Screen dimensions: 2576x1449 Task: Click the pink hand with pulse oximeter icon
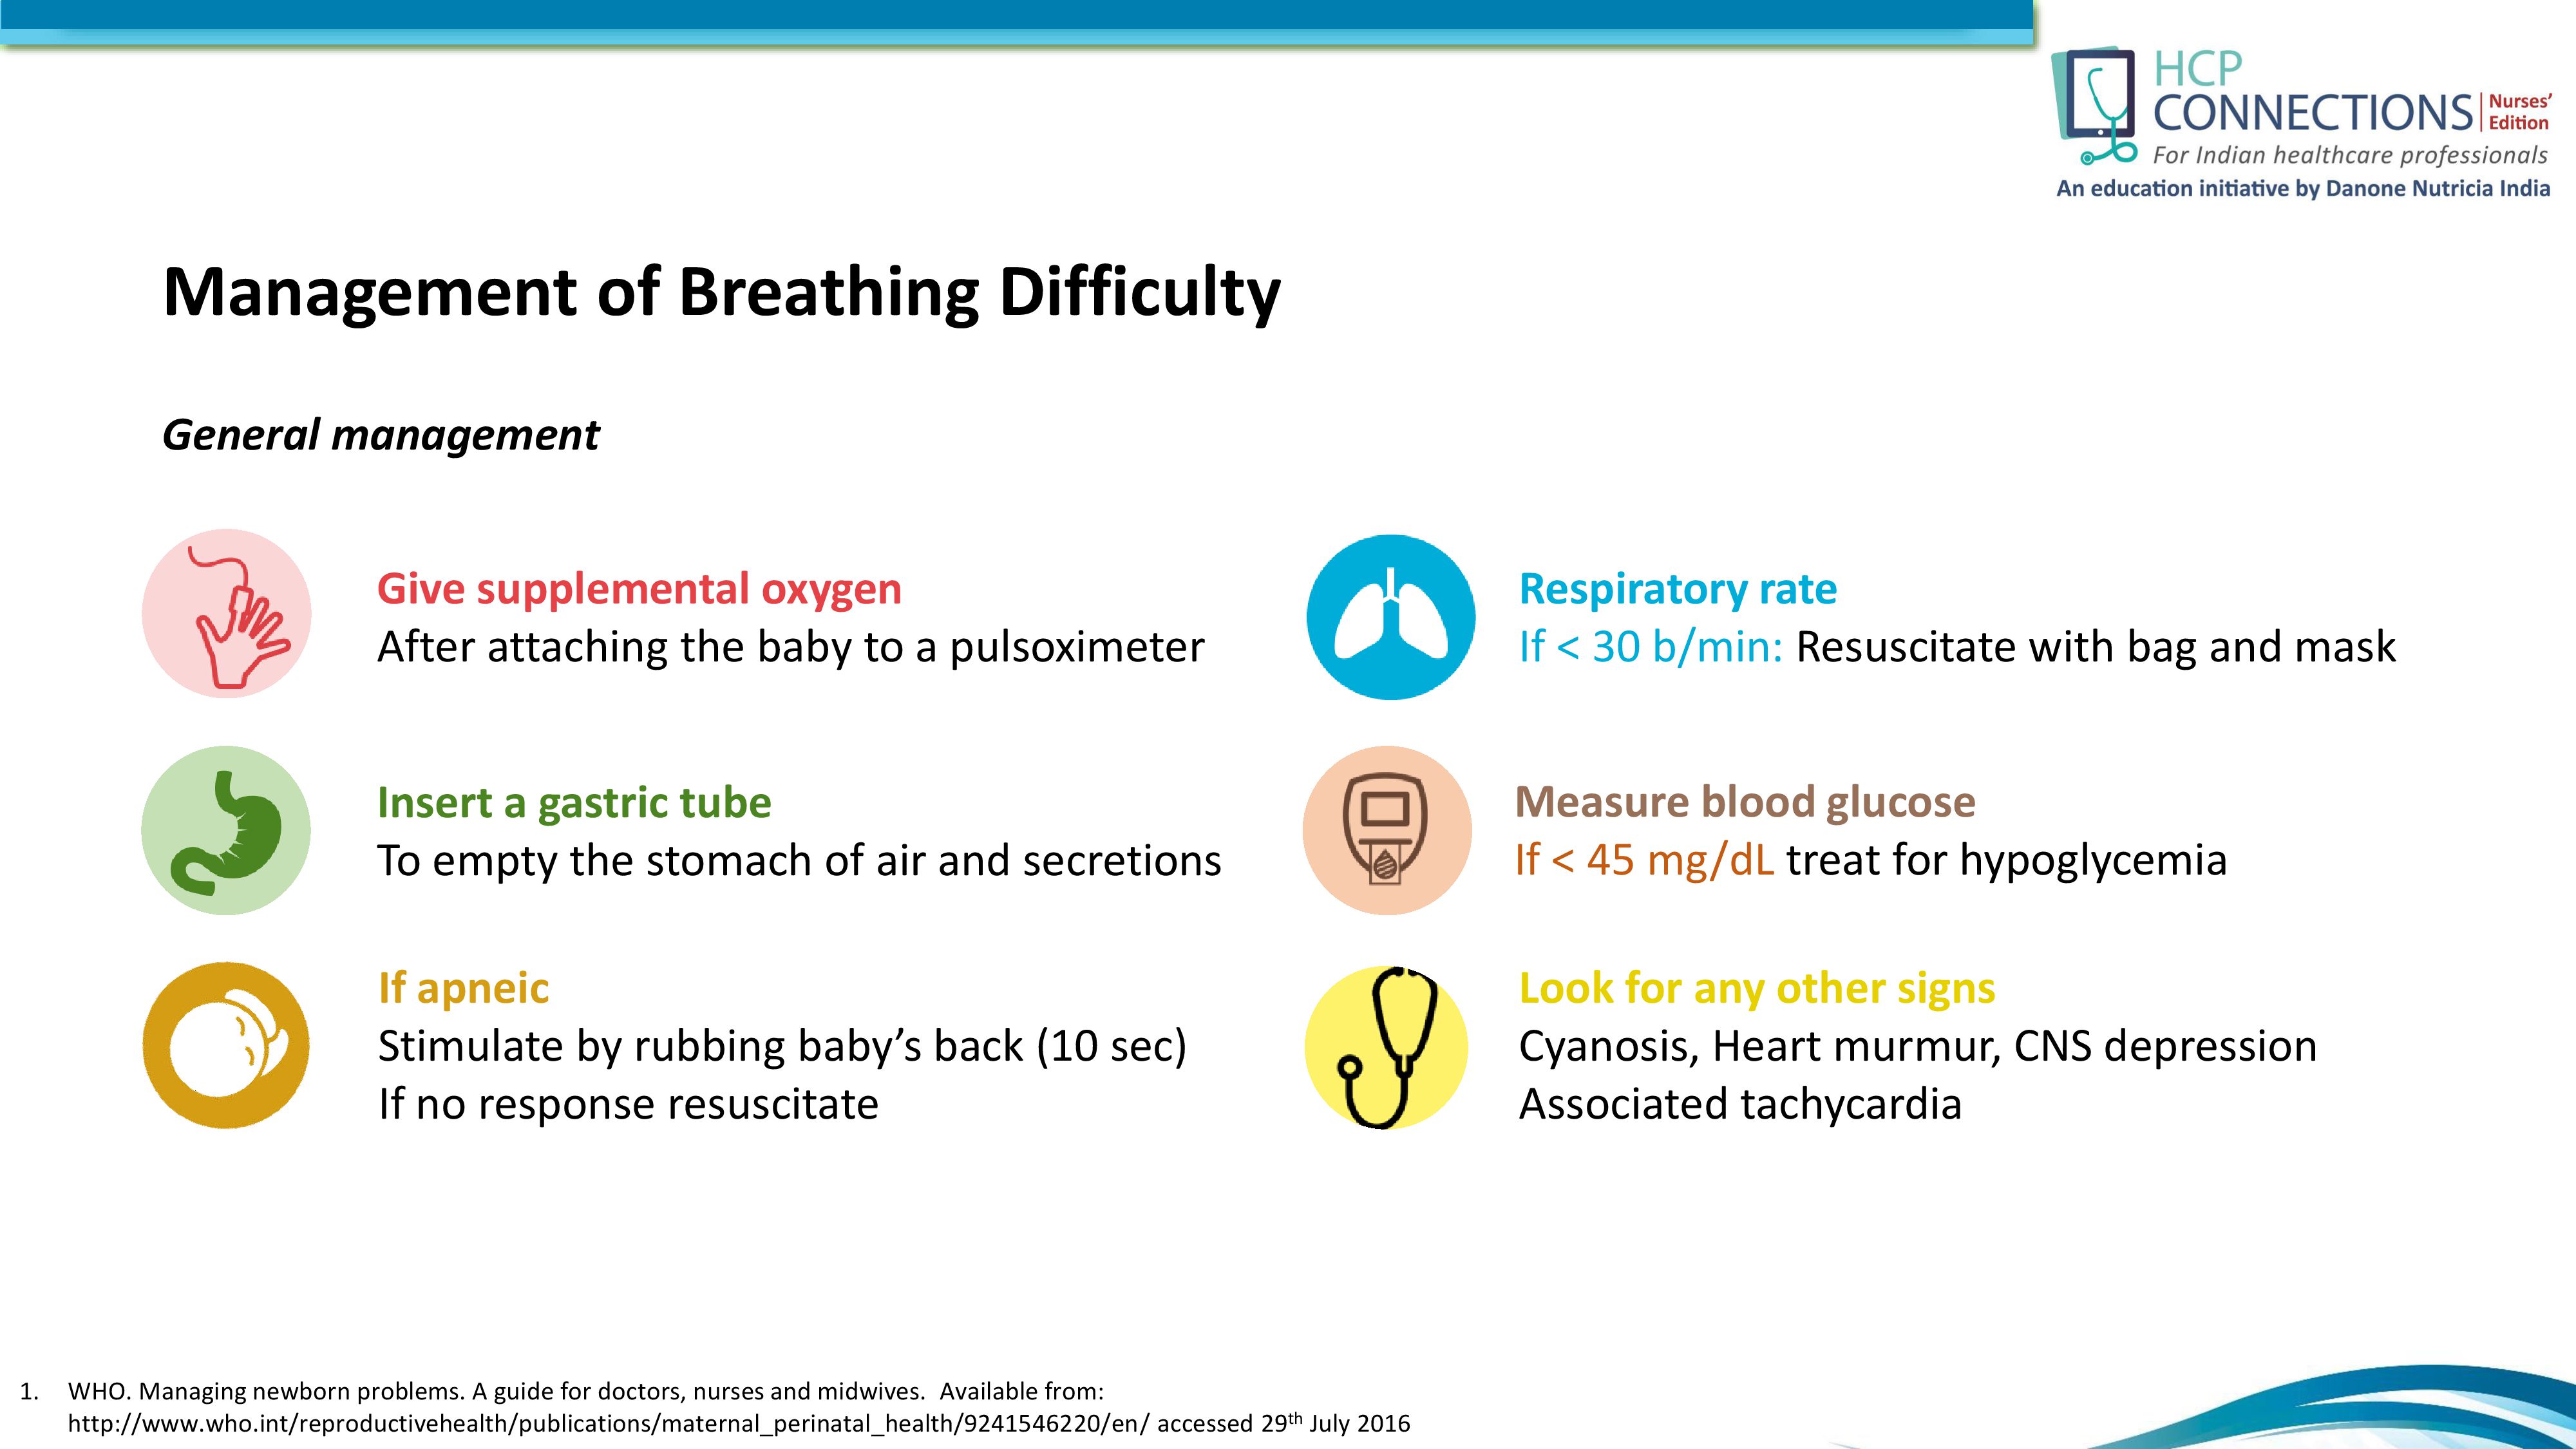pos(226,613)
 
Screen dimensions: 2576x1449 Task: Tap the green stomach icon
pos(226,830)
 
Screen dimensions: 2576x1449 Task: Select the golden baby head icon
pos(226,1046)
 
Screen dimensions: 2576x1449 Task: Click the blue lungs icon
pos(1390,617)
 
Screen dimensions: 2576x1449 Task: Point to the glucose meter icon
pos(1387,830)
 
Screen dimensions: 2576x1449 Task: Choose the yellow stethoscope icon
pos(1387,1047)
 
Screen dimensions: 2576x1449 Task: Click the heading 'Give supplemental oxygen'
pos(639,589)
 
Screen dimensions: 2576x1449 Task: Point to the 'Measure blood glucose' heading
pos(1745,802)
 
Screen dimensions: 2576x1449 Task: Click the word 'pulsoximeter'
pos(1077,648)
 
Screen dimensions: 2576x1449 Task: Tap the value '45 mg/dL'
pos(1680,860)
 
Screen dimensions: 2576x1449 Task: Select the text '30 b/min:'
pos(1688,647)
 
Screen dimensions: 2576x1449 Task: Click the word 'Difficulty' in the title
pos(1140,293)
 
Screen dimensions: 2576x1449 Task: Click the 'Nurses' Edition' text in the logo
pos(2519,112)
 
